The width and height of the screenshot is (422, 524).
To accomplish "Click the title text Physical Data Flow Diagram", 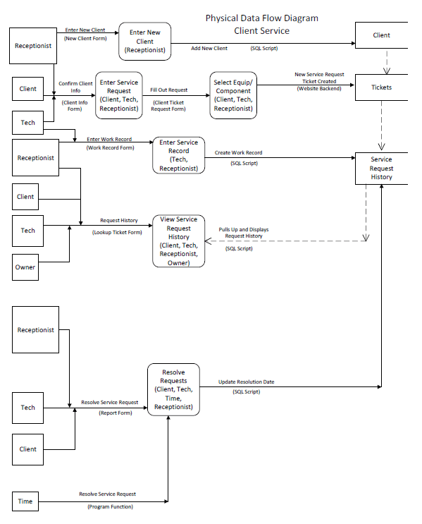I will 261,18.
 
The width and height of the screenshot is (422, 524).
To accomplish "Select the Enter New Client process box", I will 144,42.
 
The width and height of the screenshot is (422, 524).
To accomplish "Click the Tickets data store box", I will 381,87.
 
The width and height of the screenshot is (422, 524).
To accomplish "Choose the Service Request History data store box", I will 381,169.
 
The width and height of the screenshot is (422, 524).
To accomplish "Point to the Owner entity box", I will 25,267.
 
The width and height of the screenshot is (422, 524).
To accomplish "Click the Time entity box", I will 25,501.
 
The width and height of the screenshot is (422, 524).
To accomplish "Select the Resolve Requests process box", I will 173,389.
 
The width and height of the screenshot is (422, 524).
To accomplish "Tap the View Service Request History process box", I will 179,241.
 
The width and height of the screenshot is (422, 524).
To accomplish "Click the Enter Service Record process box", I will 179,155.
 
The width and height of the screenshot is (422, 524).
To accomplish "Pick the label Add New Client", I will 209,48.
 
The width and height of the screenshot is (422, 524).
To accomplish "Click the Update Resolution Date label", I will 247,382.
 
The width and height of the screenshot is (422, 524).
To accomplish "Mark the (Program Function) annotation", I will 110,507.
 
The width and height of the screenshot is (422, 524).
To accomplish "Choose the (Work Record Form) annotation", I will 109,147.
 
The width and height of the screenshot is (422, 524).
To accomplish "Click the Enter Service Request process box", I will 118,95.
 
